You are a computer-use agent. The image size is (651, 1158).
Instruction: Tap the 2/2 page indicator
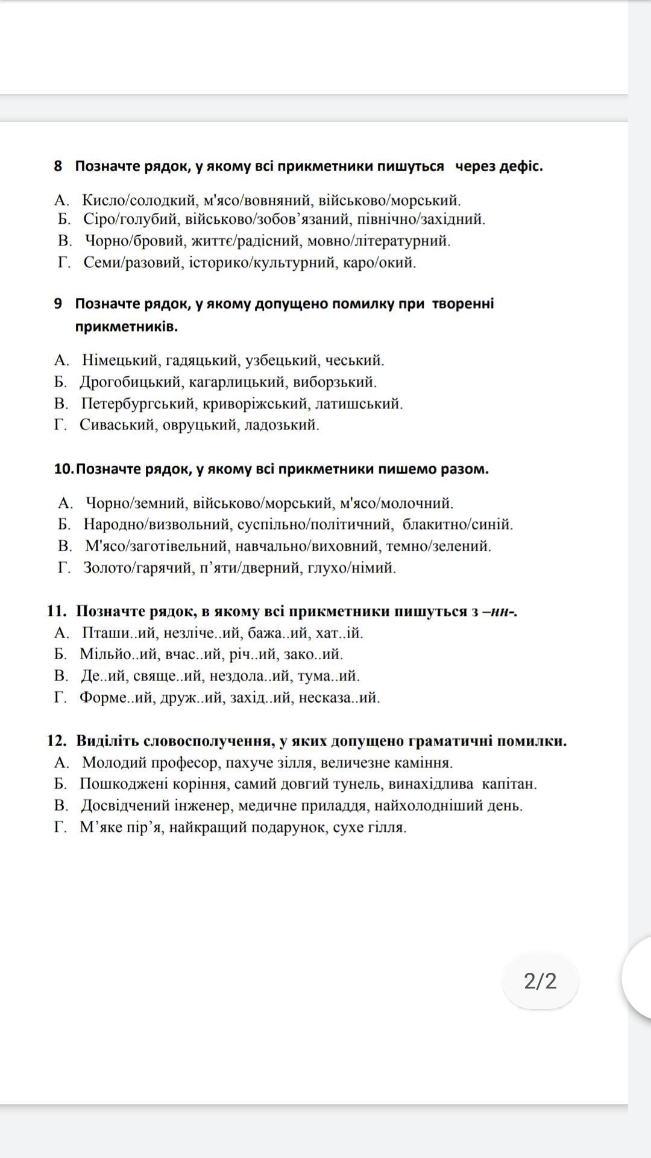[540, 981]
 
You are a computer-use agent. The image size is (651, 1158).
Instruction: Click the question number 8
[58, 166]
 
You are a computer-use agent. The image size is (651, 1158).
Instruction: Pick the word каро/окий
[384, 263]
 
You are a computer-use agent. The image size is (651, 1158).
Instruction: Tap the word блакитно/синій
[458, 525]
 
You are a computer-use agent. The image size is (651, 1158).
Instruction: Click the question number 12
[58, 741]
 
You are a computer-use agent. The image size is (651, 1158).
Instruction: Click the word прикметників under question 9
[126, 327]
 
